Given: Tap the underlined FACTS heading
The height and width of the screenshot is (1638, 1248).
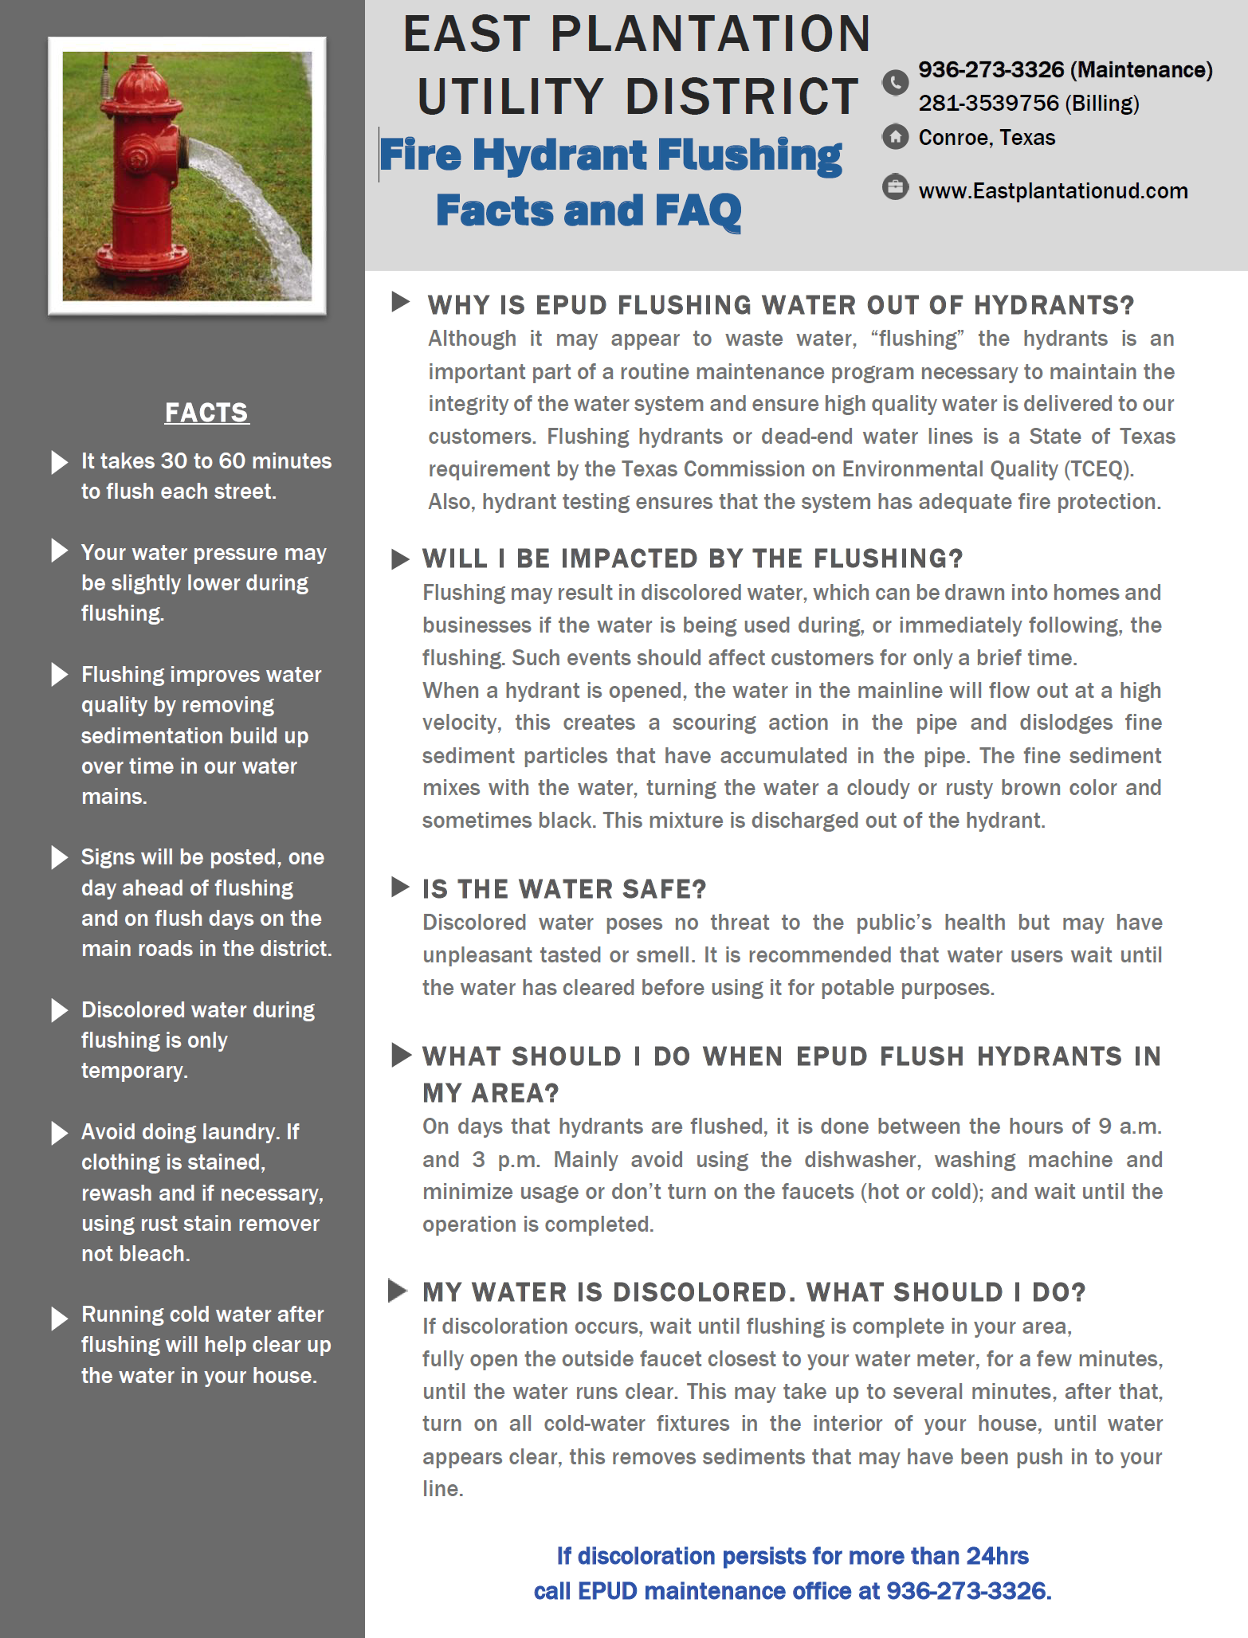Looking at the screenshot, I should pyautogui.click(x=206, y=413).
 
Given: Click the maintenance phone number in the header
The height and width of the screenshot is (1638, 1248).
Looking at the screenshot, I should pyautogui.click(x=991, y=70).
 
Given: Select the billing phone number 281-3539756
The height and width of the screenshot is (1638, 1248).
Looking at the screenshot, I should pyautogui.click(x=988, y=104).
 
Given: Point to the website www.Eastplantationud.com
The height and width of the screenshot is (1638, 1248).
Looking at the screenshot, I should pyautogui.click(x=1053, y=191).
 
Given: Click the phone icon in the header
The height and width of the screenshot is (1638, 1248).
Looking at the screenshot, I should pyautogui.click(x=896, y=82).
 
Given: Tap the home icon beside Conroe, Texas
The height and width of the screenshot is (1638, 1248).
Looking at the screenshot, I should pyautogui.click(x=896, y=137).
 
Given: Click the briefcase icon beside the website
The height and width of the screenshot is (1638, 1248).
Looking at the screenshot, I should pyautogui.click(x=896, y=188).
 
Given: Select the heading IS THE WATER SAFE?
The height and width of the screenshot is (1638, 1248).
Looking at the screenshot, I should pyautogui.click(x=564, y=889).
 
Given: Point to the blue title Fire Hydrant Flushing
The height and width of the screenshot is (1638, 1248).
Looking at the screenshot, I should pyautogui.click(x=610, y=155).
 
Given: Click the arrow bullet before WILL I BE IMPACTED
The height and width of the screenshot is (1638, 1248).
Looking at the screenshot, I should pyautogui.click(x=400, y=559).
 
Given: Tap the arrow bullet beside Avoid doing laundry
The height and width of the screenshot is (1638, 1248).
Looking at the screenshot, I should pyautogui.click(x=60, y=1133).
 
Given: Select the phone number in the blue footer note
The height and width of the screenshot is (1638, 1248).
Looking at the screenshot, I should pyautogui.click(x=968, y=1591).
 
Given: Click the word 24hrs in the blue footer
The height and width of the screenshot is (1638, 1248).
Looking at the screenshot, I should pyautogui.click(x=997, y=1556).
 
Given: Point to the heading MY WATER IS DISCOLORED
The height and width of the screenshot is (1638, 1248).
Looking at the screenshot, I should pyautogui.click(x=754, y=1292).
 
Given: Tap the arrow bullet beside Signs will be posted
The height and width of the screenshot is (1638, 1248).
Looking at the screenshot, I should pyautogui.click(x=60, y=858).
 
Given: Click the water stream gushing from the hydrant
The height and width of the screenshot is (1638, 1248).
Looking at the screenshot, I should pyautogui.click(x=255, y=207).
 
